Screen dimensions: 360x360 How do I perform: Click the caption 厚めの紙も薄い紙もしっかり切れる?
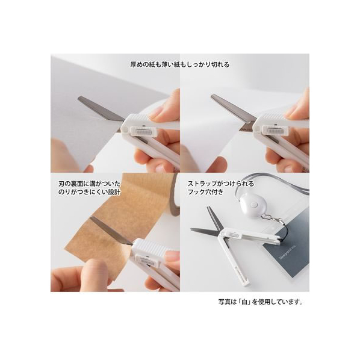point(180,64)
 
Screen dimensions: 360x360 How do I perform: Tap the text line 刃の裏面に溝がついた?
point(89,184)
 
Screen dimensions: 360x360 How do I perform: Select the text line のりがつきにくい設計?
point(89,192)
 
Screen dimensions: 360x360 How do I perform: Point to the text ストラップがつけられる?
point(221,184)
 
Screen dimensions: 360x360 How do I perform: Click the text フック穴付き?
point(205,192)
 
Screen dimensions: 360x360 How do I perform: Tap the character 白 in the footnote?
point(244,302)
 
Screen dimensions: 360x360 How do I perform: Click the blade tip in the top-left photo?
point(79,98)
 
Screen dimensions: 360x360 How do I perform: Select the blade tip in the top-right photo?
point(212,96)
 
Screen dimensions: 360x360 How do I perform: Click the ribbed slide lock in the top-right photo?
point(275,131)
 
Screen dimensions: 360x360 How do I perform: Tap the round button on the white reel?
point(254,204)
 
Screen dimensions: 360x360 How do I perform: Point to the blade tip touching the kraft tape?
point(91,218)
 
